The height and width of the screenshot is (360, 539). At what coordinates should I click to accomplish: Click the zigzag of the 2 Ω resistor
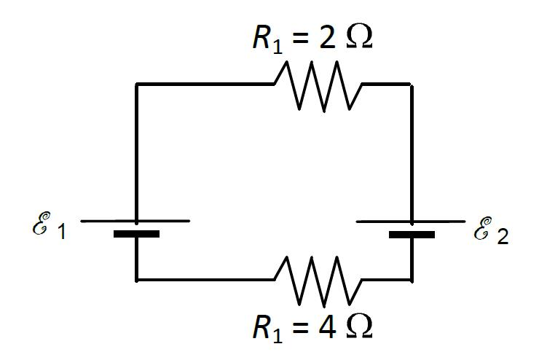click(317, 85)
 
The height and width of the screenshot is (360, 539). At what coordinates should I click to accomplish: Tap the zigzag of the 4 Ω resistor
click(317, 280)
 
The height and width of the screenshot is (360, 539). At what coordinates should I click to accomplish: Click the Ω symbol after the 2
click(358, 39)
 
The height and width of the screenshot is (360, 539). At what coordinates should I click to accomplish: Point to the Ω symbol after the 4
click(358, 327)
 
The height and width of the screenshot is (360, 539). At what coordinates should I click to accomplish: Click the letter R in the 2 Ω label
click(261, 39)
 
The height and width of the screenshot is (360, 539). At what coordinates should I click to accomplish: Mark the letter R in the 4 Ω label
click(261, 327)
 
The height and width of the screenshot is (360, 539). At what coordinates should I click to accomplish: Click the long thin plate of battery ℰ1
click(135, 220)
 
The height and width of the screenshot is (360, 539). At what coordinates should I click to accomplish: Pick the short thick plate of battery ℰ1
click(136, 234)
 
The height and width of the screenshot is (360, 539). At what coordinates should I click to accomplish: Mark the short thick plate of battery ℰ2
click(412, 235)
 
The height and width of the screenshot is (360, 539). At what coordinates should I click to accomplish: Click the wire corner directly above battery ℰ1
click(136, 85)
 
